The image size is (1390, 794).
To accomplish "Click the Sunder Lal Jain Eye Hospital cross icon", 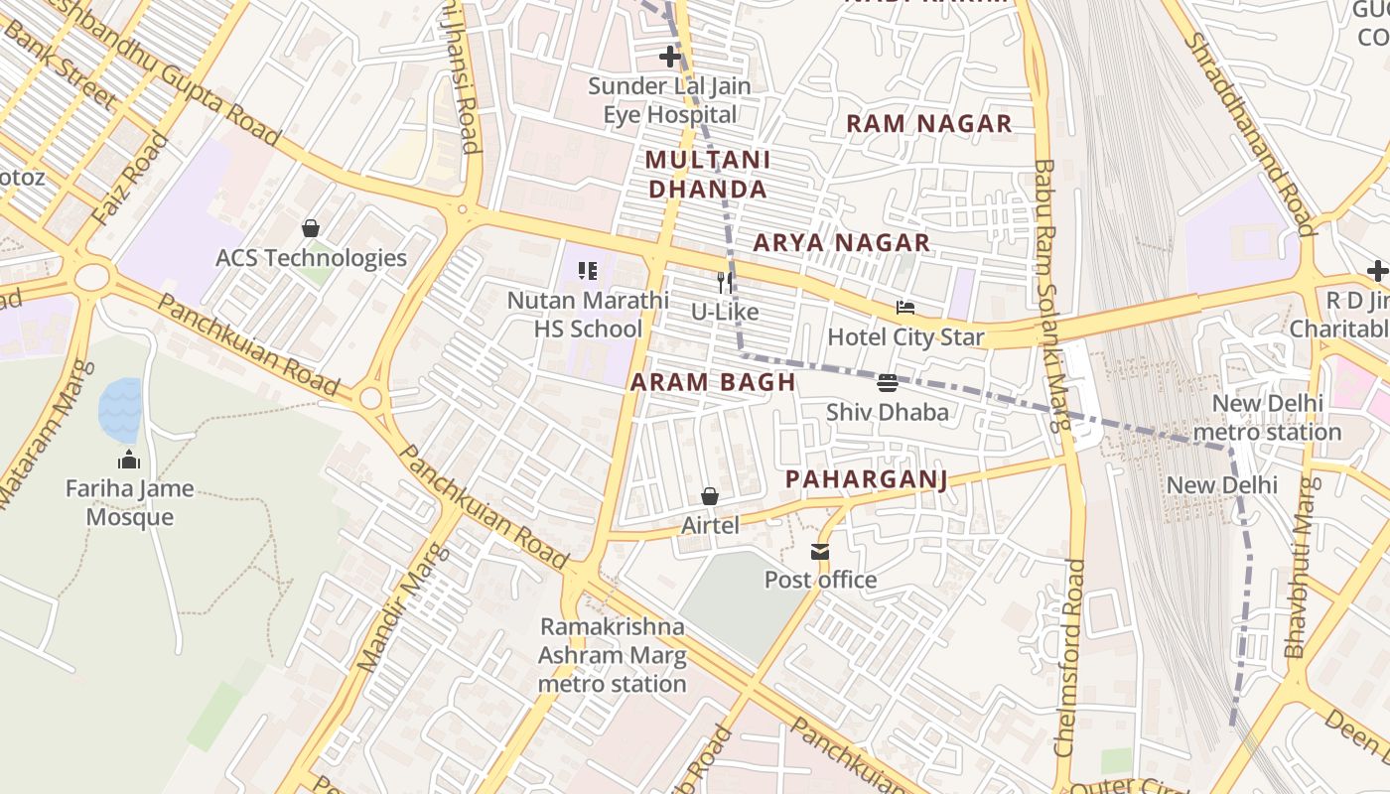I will pos(670,57).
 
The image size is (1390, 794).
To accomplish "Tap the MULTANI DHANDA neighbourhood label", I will pos(706,175).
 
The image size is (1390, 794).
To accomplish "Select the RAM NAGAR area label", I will pos(928,124).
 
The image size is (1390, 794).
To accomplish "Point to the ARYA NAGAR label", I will pos(841,243).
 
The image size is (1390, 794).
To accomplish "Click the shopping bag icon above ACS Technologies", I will pos(311,228).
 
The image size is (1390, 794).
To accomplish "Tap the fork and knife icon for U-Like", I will pos(725,282).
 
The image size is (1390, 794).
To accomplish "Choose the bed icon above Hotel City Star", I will pos(904,308).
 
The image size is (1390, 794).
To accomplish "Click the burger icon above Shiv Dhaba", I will pos(888,382).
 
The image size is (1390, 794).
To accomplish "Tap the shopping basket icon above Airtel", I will pos(710,496).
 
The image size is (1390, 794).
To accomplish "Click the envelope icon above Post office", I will pos(819,551).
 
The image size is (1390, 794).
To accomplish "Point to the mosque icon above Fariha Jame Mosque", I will pos(129,460).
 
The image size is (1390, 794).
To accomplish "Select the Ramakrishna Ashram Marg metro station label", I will pos(612,655).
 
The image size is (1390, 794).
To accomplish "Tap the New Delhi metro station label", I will pos(1267,418).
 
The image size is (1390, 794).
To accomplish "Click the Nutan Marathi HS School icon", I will pos(588,270).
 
